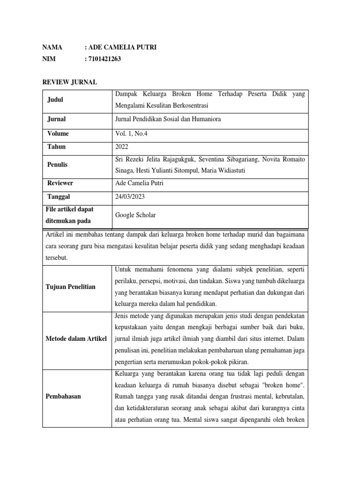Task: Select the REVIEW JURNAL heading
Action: (x=69, y=82)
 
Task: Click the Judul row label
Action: (x=55, y=100)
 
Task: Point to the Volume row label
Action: (x=58, y=134)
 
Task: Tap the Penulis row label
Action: (x=58, y=165)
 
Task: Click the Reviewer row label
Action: (x=60, y=183)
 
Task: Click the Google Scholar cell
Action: (x=135, y=215)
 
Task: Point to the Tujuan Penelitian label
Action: (x=70, y=286)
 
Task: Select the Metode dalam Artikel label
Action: (x=76, y=338)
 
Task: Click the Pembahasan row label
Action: (x=63, y=396)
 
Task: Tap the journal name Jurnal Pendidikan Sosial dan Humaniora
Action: (x=168, y=119)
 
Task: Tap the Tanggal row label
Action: (x=59, y=197)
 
